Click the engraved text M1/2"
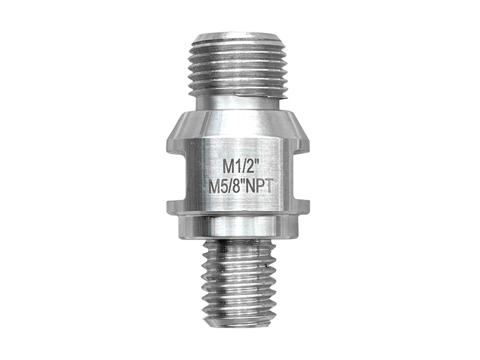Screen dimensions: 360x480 click(238, 164)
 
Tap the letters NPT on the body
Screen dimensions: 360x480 click(262, 185)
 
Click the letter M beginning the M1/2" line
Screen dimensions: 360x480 click(222, 164)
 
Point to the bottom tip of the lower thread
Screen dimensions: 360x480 click(238, 324)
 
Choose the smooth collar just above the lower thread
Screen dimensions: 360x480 click(238, 227)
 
